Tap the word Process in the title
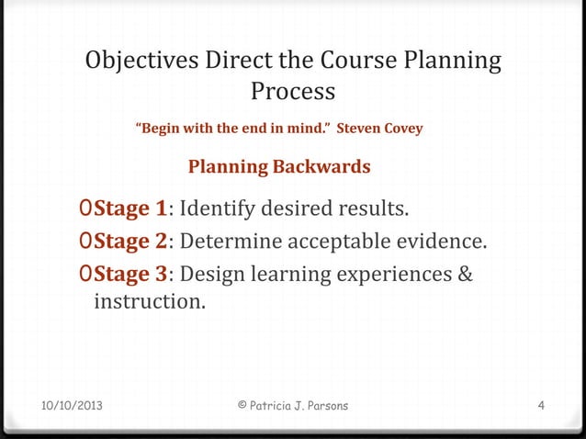[x=293, y=93]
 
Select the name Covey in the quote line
[x=401, y=129]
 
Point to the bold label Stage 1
[x=129, y=209]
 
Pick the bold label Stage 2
[x=129, y=242]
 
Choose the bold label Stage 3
[x=129, y=275]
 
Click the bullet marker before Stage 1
[x=85, y=209]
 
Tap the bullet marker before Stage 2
[x=85, y=242]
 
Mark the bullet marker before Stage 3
[x=85, y=275]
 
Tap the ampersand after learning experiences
[x=464, y=275]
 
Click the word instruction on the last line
[x=148, y=299]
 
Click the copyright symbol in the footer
[x=242, y=405]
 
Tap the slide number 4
[x=542, y=405]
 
